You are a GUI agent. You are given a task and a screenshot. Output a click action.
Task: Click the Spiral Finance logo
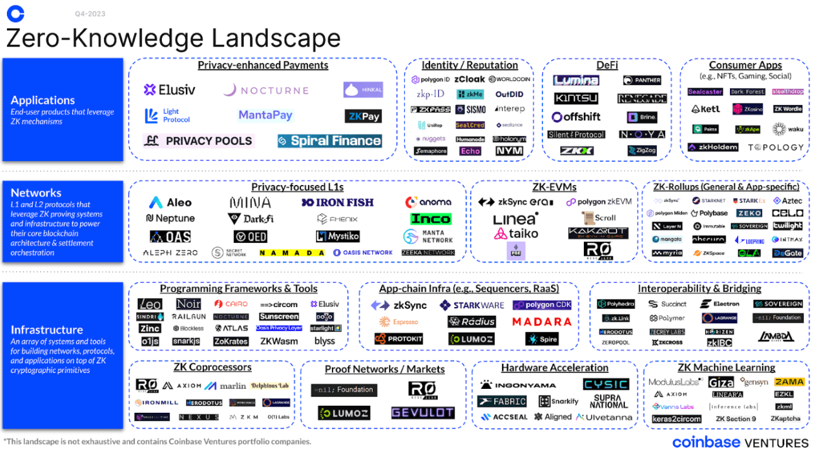[x=329, y=140]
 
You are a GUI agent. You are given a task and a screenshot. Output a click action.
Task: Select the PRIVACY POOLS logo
[x=198, y=141]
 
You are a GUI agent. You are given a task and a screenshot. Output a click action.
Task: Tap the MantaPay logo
[x=265, y=115]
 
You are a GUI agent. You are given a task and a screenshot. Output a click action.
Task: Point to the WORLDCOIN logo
[x=509, y=79]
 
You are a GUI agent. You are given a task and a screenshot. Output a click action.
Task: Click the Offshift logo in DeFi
[x=576, y=116]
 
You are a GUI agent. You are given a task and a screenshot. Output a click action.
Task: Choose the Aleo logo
[x=170, y=203]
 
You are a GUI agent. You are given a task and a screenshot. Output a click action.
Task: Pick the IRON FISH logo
[x=338, y=203]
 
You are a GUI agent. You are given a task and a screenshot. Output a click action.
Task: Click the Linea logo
[x=515, y=219]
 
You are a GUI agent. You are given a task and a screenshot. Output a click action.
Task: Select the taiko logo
[x=516, y=233]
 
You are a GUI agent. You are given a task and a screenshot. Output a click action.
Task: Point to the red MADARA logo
[x=541, y=322]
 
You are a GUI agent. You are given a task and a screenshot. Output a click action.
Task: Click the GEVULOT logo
[x=422, y=413]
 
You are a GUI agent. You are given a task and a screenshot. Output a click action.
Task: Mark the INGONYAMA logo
[x=518, y=384]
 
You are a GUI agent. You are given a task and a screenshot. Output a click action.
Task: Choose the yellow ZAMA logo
[x=789, y=382]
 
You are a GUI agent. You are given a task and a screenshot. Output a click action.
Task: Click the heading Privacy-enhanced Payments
[x=263, y=65]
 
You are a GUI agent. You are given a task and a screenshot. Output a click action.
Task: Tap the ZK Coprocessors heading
[x=212, y=367]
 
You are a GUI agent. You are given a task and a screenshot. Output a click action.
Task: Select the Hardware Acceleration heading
[x=554, y=367]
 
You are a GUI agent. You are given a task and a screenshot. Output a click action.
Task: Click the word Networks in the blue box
[x=36, y=193]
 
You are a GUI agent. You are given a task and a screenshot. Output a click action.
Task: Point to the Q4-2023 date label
[x=89, y=14]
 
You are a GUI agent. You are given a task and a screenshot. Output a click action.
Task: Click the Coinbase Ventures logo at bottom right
[x=740, y=442]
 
